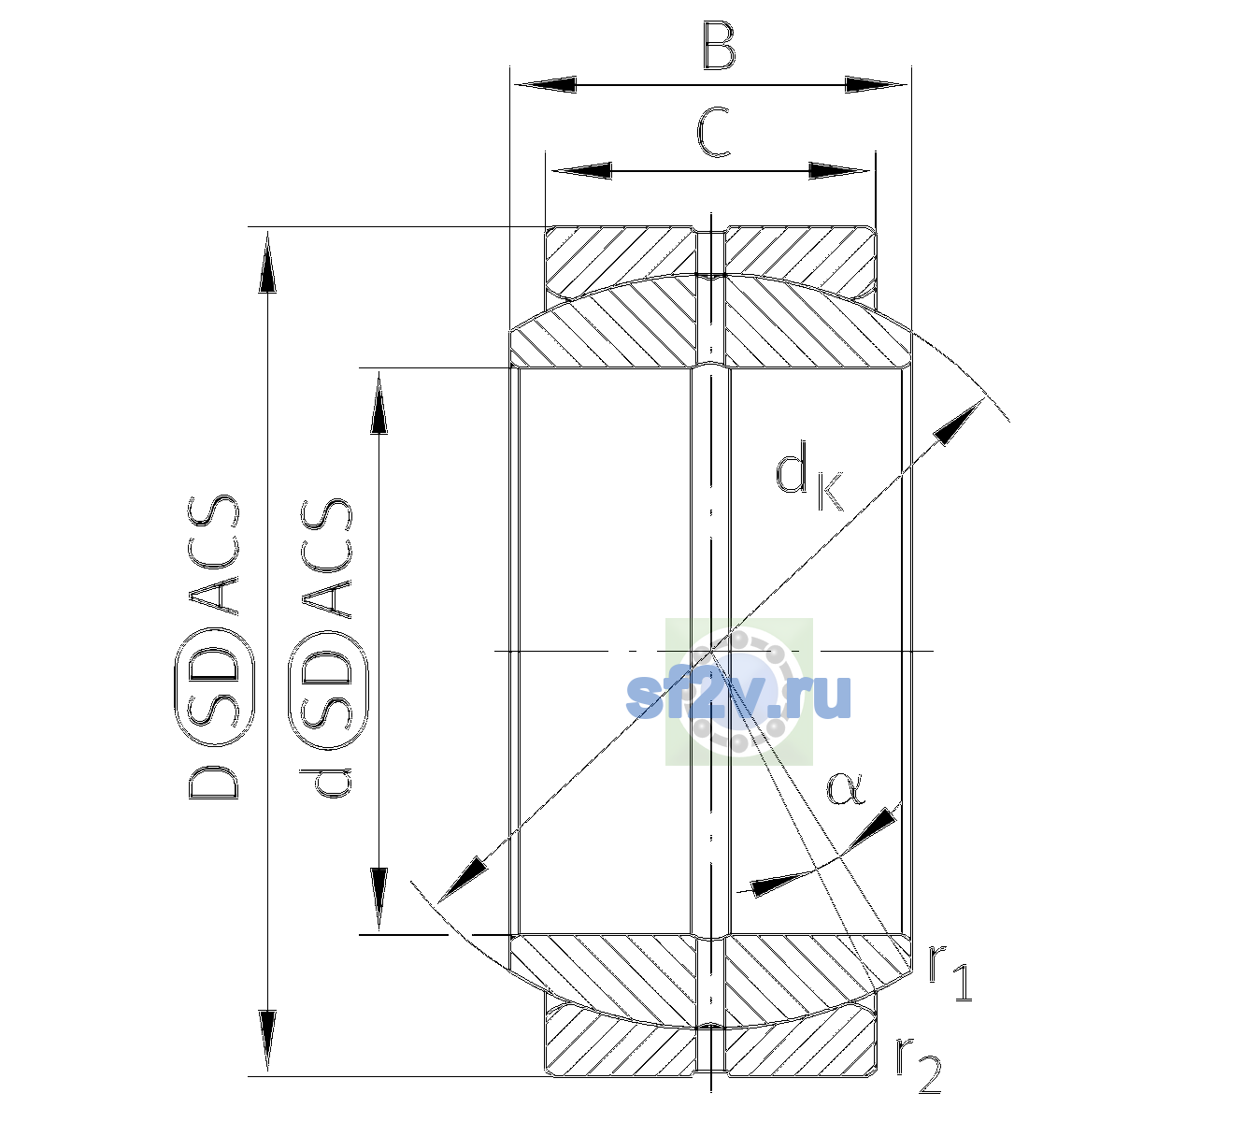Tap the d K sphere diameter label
(809, 476)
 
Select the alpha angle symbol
(846, 788)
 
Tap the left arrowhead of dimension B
(545, 85)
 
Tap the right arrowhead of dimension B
(876, 85)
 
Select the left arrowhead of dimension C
(581, 170)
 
